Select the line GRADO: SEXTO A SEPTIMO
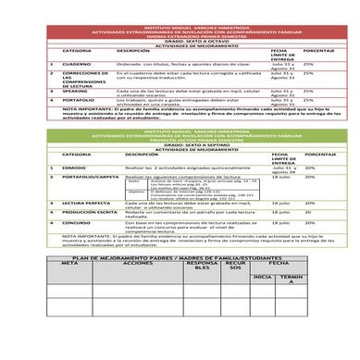point(180,145)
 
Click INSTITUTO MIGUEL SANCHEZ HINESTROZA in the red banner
point(180,21)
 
